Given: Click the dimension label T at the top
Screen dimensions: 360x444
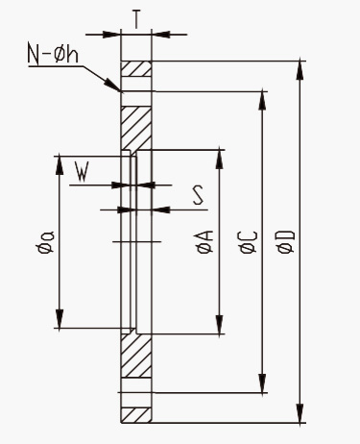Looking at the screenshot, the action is click(x=136, y=19).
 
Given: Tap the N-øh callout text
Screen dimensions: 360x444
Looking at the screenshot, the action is click(x=53, y=54).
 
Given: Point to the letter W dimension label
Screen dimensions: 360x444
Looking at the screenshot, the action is click(x=82, y=172).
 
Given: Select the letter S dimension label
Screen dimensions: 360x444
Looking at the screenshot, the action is click(x=198, y=196).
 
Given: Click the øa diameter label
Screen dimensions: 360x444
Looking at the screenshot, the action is click(x=45, y=242).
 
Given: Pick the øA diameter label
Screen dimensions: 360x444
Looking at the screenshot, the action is click(x=204, y=242).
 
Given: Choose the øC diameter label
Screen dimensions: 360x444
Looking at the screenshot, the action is click(x=248, y=242).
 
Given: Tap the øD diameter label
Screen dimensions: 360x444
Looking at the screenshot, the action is click(x=286, y=242).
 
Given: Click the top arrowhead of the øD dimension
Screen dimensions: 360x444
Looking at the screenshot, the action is click(x=300, y=70).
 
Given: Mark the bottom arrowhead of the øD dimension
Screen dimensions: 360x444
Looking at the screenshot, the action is click(x=300, y=413).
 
